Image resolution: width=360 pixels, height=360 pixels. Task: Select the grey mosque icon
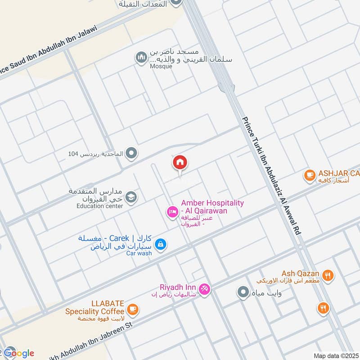(141, 58)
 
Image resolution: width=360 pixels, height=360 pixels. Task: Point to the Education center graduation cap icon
(131, 197)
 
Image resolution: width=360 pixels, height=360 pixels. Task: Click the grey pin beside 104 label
(131, 154)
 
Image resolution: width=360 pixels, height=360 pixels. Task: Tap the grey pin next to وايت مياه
(243, 293)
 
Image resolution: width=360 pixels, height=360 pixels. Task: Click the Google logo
(19, 353)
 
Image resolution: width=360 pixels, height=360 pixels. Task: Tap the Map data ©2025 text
(335, 356)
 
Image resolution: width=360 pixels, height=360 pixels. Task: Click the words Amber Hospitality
(212, 203)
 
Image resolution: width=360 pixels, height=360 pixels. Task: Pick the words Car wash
(139, 253)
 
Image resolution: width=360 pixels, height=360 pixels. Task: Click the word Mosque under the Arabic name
(161, 67)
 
